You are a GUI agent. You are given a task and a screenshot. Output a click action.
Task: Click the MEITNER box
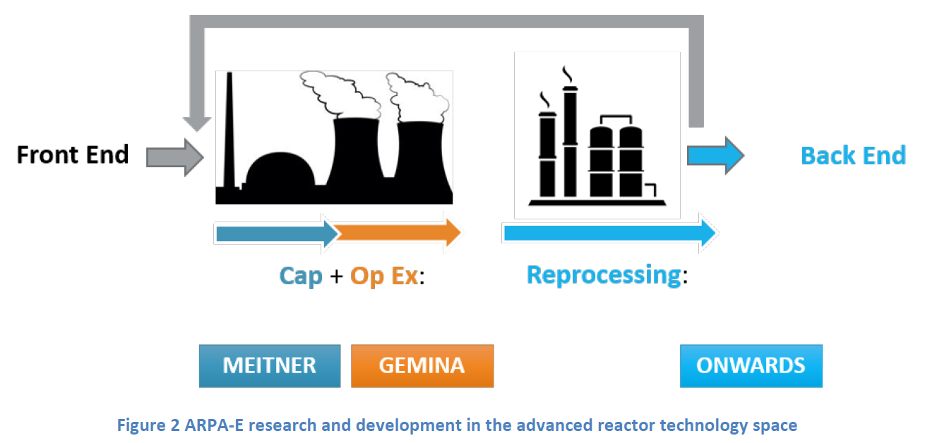pos(270,366)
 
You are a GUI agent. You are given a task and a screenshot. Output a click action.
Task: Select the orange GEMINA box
pos(422,366)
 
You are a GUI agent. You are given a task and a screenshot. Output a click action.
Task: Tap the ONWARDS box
pos(751,366)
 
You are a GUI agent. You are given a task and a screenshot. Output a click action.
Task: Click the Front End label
pos(73,154)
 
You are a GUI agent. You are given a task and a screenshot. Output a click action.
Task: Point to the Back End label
pos(853,155)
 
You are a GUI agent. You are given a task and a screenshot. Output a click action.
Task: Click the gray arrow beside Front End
pos(175,157)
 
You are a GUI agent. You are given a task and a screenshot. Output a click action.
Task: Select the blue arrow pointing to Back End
pos(715,155)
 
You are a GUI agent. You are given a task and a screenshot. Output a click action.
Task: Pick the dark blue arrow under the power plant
pos(277,234)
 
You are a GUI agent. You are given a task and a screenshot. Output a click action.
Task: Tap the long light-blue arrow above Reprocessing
pos(610,233)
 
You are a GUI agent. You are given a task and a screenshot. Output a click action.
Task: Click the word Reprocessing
pos(604,275)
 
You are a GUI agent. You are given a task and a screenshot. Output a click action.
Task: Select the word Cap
pos(301,276)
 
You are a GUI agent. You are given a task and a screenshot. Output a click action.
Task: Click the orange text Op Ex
pos(384,276)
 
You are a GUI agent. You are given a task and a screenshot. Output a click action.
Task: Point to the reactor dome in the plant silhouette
pos(280,170)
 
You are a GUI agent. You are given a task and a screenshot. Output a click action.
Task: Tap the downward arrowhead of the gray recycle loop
pos(197,124)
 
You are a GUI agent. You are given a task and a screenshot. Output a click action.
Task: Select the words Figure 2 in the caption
pos(148,425)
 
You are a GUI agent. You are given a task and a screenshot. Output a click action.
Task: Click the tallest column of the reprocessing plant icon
pos(570,141)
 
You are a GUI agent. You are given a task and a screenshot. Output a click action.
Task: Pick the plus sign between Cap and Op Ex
pos(337,276)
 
